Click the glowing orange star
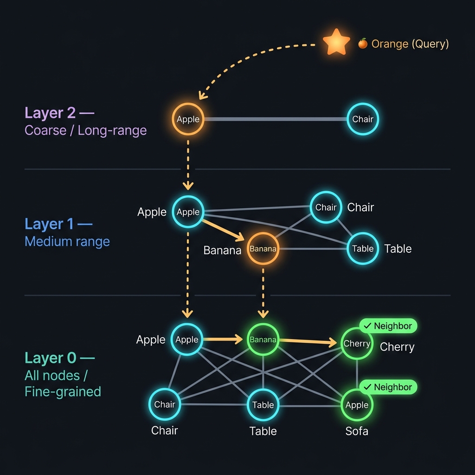tap(336, 42)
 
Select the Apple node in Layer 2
tap(188, 119)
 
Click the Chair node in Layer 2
tap(363, 119)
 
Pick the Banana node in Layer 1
tap(263, 249)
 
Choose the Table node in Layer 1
tap(363, 249)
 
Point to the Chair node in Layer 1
tap(326, 207)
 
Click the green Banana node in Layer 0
tap(263, 340)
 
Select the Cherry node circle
tap(357, 344)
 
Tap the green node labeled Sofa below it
tap(357, 405)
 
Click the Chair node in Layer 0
tap(165, 404)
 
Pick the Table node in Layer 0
tap(263, 404)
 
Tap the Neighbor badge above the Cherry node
tap(388, 326)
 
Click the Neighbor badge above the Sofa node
tap(388, 387)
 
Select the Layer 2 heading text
tap(59, 113)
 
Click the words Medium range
tap(67, 242)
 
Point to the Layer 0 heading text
tap(59, 358)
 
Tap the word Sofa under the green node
tap(357, 431)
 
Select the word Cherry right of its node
tap(397, 347)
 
